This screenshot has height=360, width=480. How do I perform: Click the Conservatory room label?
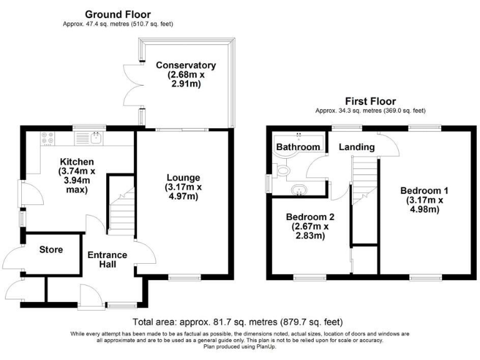pyautogui.click(x=186, y=65)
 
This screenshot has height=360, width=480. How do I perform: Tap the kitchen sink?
pyautogui.click(x=97, y=138)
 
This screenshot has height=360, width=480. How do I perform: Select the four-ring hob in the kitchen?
pyautogui.click(x=47, y=138)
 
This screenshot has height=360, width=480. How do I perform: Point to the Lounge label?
pyautogui.click(x=183, y=177)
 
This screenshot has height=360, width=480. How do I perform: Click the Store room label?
pyautogui.click(x=51, y=249)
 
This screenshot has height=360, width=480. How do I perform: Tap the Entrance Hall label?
pyautogui.click(x=107, y=259)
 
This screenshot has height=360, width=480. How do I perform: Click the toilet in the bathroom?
pyautogui.click(x=282, y=170)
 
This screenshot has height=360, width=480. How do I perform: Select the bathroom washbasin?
pyautogui.click(x=298, y=189)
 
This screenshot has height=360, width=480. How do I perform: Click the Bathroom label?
pyautogui.click(x=298, y=147)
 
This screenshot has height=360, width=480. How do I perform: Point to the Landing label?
pyautogui.click(x=357, y=147)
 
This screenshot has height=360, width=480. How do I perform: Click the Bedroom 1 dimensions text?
pyautogui.click(x=424, y=205)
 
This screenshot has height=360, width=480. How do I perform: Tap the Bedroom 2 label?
pyautogui.click(x=310, y=217)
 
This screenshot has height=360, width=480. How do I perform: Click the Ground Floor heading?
pyautogui.click(x=118, y=14)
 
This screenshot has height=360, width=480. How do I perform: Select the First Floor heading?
pyautogui.click(x=371, y=101)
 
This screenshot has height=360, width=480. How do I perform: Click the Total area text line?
pyautogui.click(x=237, y=322)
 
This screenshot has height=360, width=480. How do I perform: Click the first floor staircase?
pyautogui.click(x=364, y=181)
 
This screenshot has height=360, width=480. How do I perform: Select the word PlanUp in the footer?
pyautogui.click(x=266, y=346)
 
